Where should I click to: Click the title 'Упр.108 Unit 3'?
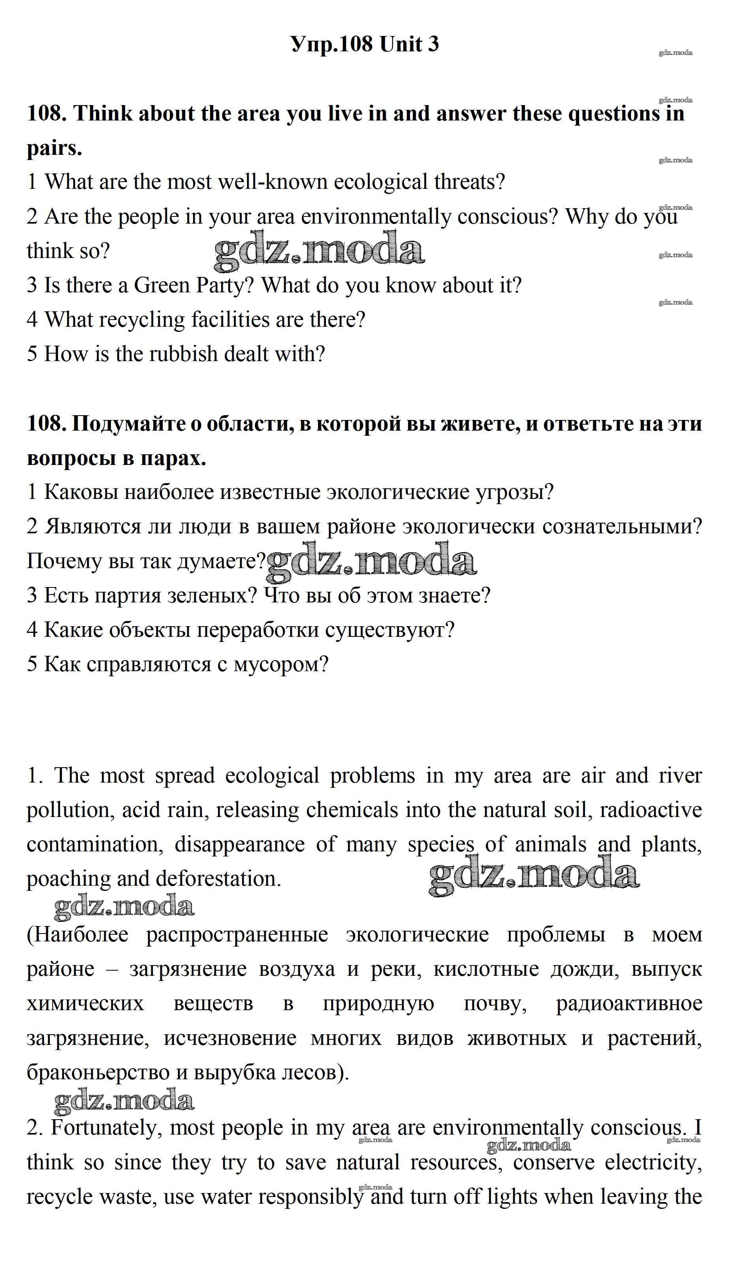tap(365, 44)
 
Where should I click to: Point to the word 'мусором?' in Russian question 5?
tap(281, 664)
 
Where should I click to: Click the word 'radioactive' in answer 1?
tap(651, 810)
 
